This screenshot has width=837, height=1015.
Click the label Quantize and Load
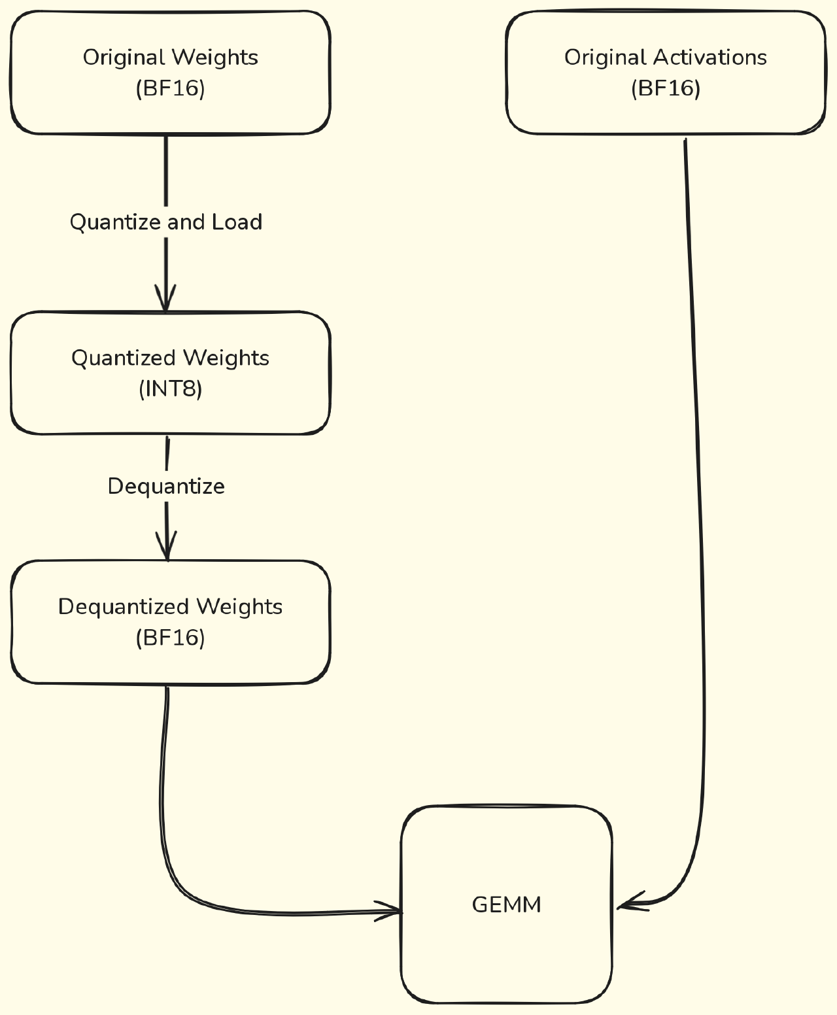pos(165,222)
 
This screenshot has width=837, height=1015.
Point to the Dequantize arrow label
pos(166,487)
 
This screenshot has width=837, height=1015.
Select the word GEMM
pos(506,905)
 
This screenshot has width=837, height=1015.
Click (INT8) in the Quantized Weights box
pos(170,389)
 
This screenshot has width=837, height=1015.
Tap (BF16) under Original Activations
pos(666,88)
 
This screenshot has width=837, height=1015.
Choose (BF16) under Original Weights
pos(170,88)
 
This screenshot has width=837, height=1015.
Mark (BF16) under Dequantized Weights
pos(170,638)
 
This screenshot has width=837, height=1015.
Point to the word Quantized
pos(124,358)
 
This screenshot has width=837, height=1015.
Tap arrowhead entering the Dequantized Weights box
pos(167,549)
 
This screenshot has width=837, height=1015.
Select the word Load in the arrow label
pos(237,222)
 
